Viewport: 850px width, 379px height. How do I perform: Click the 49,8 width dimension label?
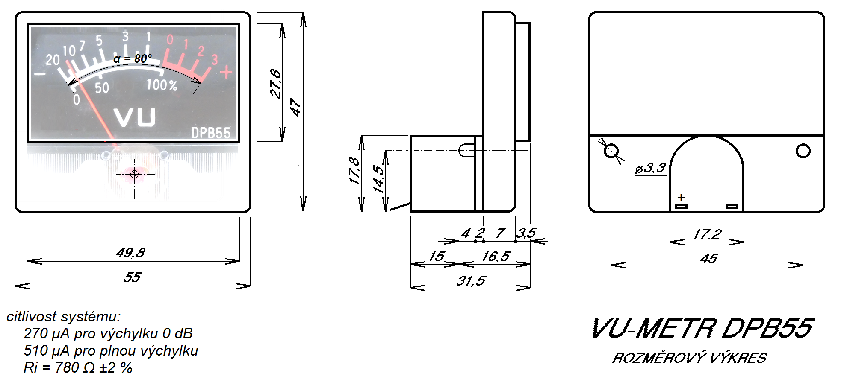coord(130,253)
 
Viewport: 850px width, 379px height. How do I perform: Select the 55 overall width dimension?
coord(132,277)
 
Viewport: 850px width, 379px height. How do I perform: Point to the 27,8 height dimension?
coord(276,84)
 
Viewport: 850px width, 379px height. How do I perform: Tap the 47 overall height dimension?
coord(295,107)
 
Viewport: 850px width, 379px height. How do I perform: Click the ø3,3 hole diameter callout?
coord(650,168)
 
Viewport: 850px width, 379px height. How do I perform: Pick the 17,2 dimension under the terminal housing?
coord(707,234)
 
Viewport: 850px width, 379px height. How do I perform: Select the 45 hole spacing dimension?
coord(709,258)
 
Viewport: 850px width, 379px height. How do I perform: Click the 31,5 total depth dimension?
coord(471,280)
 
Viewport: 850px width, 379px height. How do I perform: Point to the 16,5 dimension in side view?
coord(496,256)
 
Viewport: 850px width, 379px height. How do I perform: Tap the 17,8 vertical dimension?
coord(354,170)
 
